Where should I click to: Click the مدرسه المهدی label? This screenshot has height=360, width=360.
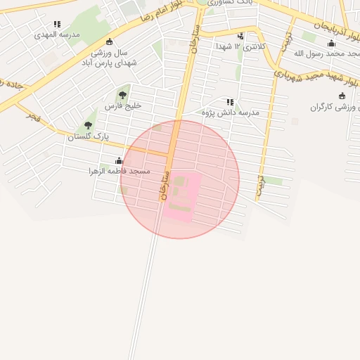coord(58,33)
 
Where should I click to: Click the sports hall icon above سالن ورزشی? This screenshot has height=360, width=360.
coord(109,41)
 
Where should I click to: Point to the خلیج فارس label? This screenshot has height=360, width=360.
coord(123,105)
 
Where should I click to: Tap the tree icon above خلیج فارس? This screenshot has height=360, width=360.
coord(122,95)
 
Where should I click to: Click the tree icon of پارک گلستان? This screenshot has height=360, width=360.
coord(88,125)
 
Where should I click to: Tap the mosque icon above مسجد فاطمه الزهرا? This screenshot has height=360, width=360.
coord(118,160)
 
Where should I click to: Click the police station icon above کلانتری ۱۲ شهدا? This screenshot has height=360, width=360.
coord(241,36)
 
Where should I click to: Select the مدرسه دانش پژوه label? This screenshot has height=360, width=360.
coord(231,112)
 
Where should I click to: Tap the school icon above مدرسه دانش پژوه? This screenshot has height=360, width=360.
coord(230,102)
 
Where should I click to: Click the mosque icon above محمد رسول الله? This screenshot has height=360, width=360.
coord(332,44)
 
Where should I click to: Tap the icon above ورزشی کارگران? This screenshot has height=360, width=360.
coord(342,96)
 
